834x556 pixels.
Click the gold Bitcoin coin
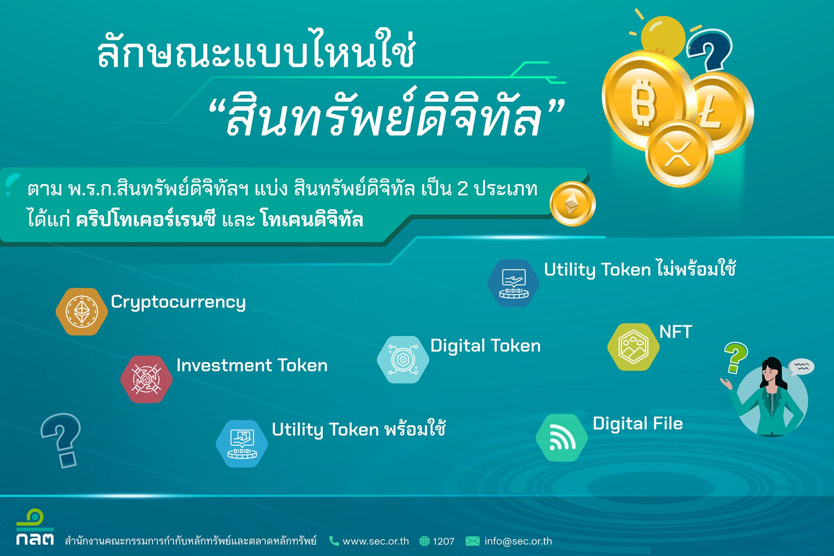tap(645, 99)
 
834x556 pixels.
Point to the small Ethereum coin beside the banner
tap(573, 204)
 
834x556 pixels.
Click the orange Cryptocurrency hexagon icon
tap(82, 312)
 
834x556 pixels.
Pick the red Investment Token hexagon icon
tap(147, 379)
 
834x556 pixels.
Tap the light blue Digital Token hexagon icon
tap(403, 360)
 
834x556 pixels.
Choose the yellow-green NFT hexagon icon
tap(634, 347)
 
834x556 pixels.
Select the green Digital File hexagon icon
tap(562, 438)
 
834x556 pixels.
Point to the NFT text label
tap(676, 332)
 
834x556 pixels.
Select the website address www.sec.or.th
tap(375, 541)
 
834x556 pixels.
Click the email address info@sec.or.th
tap(518, 541)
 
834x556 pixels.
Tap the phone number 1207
tap(443, 541)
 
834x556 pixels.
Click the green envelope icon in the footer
tap(472, 541)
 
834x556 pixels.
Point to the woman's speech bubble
tap(801, 367)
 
